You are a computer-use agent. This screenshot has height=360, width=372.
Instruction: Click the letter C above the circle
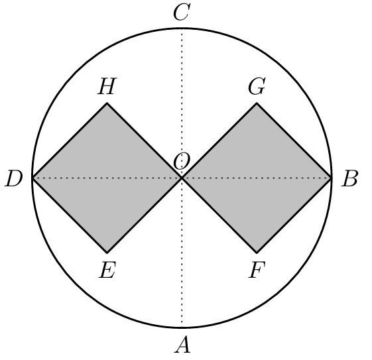pyautogui.click(x=182, y=12)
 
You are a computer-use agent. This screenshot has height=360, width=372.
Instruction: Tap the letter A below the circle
pyautogui.click(x=182, y=345)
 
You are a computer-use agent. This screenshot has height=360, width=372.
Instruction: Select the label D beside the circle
pyautogui.click(x=14, y=178)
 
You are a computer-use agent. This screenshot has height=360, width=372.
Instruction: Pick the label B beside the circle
pyautogui.click(x=349, y=178)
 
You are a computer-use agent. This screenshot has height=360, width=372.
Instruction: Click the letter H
pyautogui.click(x=107, y=86)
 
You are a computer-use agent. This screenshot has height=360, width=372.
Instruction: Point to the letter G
pyautogui.click(x=257, y=86)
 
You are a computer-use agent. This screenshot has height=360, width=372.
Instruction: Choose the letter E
pyautogui.click(x=107, y=270)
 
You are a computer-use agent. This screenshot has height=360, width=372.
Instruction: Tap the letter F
pyautogui.click(x=257, y=270)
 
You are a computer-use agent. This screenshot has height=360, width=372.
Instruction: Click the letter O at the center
pyautogui.click(x=182, y=160)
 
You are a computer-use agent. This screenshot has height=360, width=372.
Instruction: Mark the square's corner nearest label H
pyautogui.click(x=107, y=103)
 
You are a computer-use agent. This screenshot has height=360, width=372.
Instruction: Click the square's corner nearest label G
pyautogui.click(x=257, y=103)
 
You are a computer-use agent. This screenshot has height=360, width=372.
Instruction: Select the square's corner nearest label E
pyautogui.click(x=107, y=253)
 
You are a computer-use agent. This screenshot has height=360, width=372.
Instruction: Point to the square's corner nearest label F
pyautogui.click(x=257, y=253)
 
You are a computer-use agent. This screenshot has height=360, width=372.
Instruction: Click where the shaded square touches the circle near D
pyautogui.click(x=32, y=178)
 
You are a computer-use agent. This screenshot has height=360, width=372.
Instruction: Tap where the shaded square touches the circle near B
pyautogui.click(x=332, y=178)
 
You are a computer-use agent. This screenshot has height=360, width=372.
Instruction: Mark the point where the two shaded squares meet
pyautogui.click(x=182, y=178)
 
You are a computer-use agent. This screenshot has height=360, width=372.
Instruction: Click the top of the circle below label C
pyautogui.click(x=182, y=29)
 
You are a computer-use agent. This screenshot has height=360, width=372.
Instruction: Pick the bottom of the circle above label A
pyautogui.click(x=182, y=328)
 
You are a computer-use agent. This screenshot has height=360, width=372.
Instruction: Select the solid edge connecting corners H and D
pyautogui.click(x=70, y=141)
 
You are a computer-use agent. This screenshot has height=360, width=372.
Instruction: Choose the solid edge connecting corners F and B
pyautogui.click(x=294, y=215)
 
